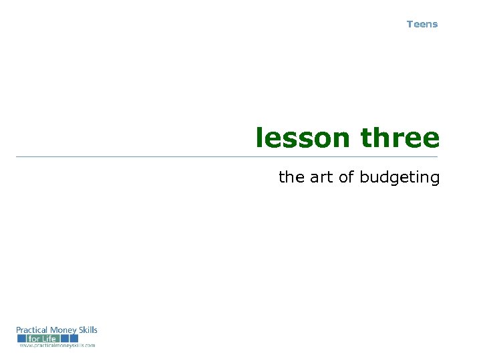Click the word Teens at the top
tap(422, 24)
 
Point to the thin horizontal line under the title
tap(227, 156)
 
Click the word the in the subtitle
tap(291, 177)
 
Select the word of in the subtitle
tap(347, 177)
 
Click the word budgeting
tap(399, 178)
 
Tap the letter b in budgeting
tap(364, 177)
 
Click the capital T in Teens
tap(410, 24)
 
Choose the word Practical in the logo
tap(32, 330)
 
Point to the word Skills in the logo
tap(88, 330)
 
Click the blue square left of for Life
tap(22, 338)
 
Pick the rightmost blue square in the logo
tap(73, 338)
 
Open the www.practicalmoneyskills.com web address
tap(57, 346)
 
